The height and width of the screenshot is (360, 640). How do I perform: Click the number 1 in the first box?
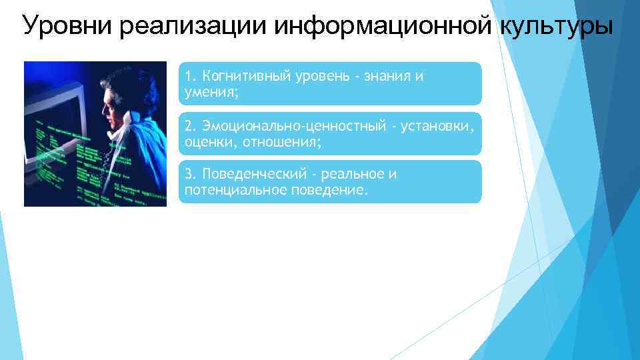tap(189, 77)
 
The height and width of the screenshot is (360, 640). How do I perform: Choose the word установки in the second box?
tap(440, 126)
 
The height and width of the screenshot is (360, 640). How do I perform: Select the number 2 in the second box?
tap(189, 126)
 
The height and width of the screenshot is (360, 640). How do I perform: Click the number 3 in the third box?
tap(189, 175)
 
